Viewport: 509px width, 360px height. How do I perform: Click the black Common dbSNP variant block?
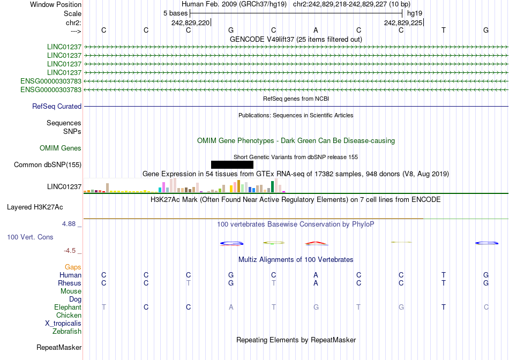[232, 164]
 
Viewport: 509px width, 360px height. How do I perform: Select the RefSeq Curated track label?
[57, 107]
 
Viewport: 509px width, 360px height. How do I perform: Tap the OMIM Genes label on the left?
[61, 148]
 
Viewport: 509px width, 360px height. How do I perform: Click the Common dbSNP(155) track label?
[48, 165]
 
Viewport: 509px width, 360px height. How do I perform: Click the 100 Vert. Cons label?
[30, 237]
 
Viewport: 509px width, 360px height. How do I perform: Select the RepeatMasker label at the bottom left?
[59, 348]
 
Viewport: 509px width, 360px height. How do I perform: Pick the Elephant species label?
[68, 307]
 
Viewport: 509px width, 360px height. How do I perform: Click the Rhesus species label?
[70, 283]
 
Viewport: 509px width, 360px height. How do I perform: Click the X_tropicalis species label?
[63, 324]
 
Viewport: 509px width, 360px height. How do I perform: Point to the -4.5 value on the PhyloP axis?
[72, 251]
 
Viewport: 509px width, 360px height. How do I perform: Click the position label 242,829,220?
[191, 22]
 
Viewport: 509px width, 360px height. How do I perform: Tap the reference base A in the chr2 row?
[316, 31]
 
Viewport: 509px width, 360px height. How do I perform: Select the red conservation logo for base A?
[316, 244]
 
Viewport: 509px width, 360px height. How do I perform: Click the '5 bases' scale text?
[175, 12]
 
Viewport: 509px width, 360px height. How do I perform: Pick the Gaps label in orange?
[73, 267]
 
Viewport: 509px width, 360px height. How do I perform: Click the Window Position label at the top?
[56, 4]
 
